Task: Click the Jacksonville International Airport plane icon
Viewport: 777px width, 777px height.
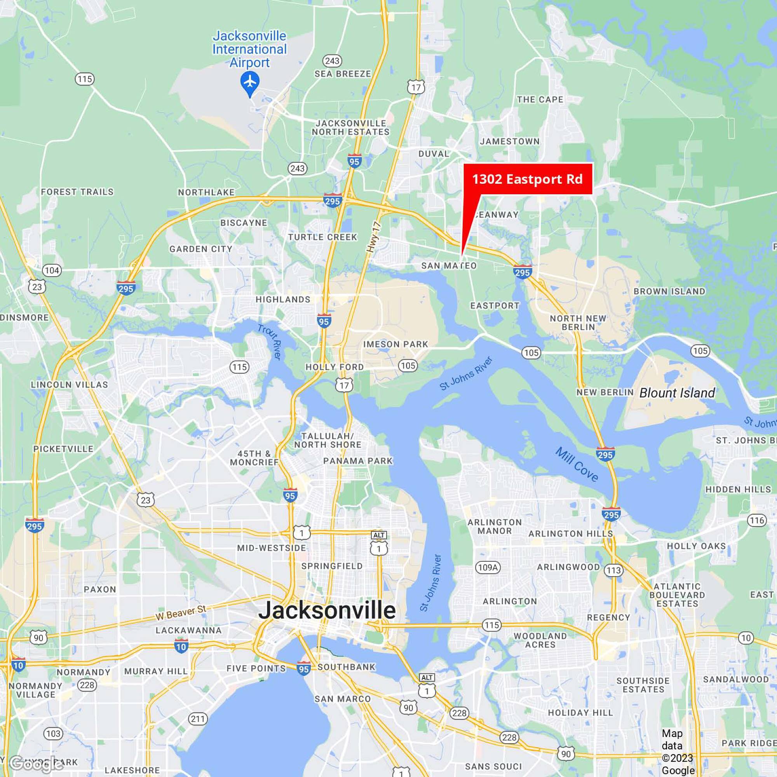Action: [x=250, y=82]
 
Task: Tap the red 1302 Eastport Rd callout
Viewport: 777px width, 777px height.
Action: [x=528, y=179]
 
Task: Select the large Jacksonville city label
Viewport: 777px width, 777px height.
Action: [x=327, y=610]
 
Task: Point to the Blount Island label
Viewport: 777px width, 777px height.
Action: [x=677, y=392]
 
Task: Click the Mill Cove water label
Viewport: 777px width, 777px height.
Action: [x=576, y=464]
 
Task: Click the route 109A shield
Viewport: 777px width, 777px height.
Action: [x=488, y=568]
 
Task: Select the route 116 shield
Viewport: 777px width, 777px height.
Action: [x=756, y=521]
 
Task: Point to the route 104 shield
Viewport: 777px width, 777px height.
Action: [x=52, y=270]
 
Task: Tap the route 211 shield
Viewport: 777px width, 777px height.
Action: [x=198, y=719]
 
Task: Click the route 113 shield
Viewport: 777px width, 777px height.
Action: [x=614, y=570]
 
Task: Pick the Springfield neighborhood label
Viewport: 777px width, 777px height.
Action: [x=332, y=566]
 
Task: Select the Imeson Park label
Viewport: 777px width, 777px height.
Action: [x=395, y=344]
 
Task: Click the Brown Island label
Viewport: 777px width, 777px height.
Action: [x=669, y=291]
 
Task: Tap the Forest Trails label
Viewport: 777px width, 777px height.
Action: [x=77, y=192]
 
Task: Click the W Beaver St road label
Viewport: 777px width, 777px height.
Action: [x=181, y=612]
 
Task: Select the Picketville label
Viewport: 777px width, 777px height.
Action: [x=63, y=449]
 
